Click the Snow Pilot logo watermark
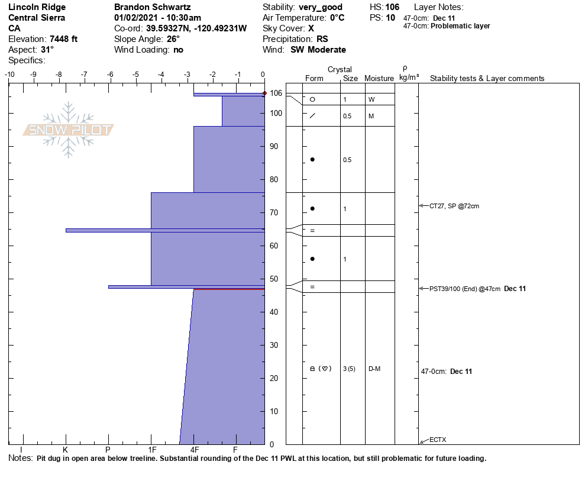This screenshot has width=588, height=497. (x=69, y=130)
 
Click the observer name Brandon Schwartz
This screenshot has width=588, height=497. (x=152, y=7)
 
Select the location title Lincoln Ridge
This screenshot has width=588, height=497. (x=37, y=7)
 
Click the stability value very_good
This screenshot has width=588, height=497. (x=321, y=7)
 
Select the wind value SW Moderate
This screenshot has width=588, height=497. (x=318, y=50)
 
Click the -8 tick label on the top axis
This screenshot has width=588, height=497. (x=59, y=75)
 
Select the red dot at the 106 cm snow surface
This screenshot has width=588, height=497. (x=264, y=93)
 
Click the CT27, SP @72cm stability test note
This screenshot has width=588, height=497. (x=454, y=206)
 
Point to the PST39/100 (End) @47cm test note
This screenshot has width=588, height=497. (x=465, y=289)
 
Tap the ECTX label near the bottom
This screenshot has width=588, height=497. (x=438, y=440)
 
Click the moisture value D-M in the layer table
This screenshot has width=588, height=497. (x=374, y=369)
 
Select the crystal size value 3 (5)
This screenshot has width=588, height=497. (x=349, y=369)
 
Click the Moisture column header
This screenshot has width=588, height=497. (x=379, y=79)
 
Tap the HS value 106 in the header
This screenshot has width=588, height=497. (x=392, y=7)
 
